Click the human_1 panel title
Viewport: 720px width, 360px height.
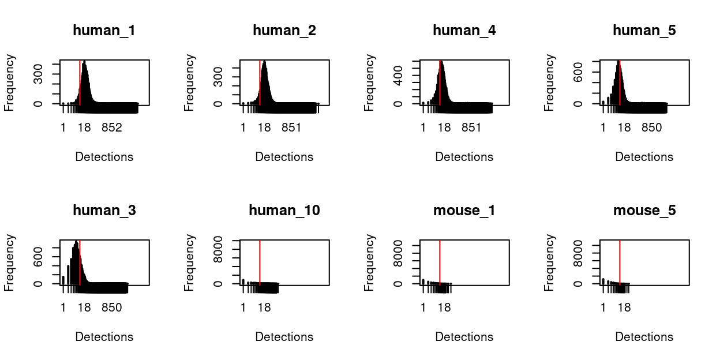104,31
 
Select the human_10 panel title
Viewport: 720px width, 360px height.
284,211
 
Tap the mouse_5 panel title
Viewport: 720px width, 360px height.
644,211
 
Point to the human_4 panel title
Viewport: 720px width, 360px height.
464,31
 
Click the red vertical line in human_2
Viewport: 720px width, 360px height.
260,81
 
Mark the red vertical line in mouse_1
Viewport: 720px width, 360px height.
440,262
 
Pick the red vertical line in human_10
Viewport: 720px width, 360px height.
260,262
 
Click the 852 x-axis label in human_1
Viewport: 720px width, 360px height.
111,127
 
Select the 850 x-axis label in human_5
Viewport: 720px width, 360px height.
651,127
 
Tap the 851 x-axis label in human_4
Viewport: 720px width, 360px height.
471,127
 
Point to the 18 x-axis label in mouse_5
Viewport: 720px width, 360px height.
624,307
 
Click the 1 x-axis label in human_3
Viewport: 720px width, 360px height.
63,307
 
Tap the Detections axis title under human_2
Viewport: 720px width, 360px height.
284,157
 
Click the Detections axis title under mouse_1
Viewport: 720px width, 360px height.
464,337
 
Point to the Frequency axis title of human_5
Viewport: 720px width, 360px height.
550,82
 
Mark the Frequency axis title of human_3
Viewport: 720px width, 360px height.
10,262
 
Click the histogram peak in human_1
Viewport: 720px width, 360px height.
84,63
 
